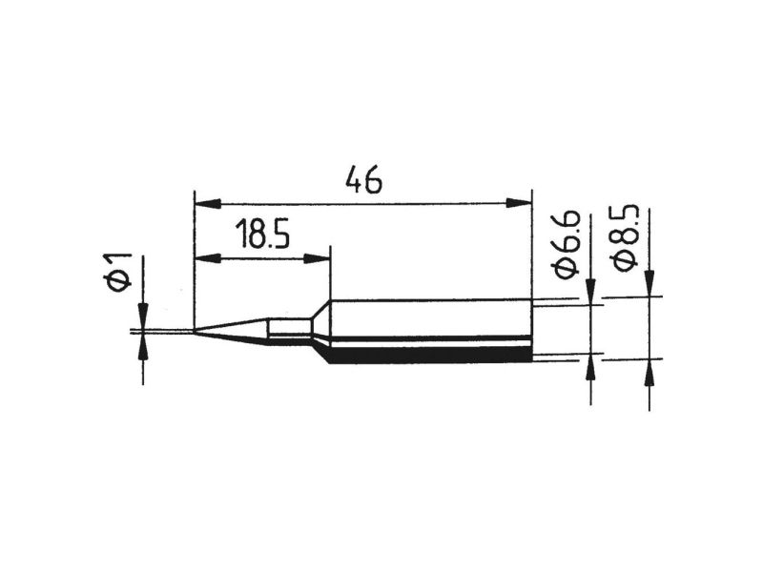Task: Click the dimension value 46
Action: tap(363, 179)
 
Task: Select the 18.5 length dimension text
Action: tap(262, 234)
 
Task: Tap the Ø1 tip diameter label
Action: tap(117, 273)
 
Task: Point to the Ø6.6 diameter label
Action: tap(566, 245)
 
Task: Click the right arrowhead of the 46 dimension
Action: tap(519, 203)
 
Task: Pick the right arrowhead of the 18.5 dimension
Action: tap(317, 258)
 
